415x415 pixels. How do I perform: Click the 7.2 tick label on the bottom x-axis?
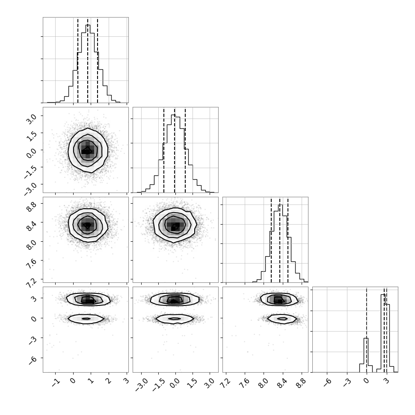click(225, 383)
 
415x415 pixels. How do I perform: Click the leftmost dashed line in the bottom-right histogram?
click(367, 329)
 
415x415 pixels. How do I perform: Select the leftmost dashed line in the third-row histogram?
click(271, 240)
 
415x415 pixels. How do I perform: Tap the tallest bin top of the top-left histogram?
click(88, 25)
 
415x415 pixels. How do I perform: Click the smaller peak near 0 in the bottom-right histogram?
click(366, 338)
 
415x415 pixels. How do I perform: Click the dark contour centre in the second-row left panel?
click(87, 151)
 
